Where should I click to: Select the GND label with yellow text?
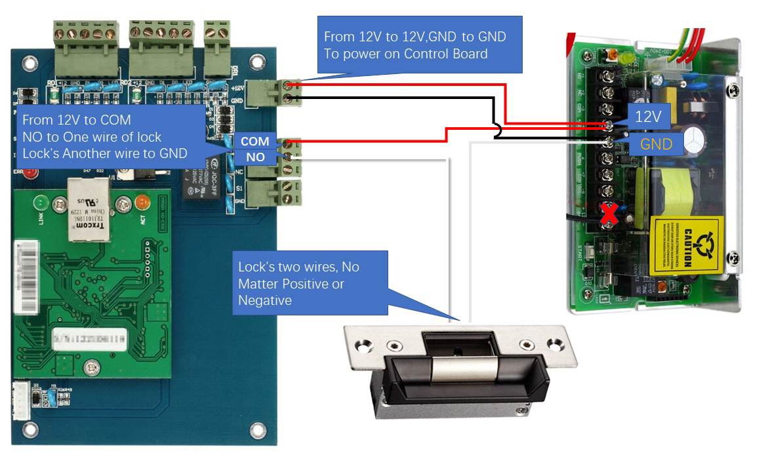[x=656, y=145]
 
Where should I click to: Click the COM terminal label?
[x=254, y=142]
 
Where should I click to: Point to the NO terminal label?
[x=254, y=157]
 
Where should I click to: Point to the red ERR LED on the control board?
[x=28, y=174]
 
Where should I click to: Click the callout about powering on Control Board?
[x=420, y=45]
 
